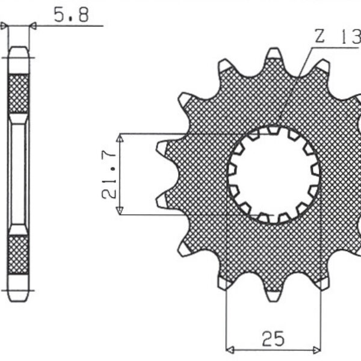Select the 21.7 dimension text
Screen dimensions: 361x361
pyautogui.click(x=110, y=174)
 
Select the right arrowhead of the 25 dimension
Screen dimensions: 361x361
pyautogui.click(x=318, y=348)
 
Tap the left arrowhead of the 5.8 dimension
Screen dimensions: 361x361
pyautogui.click(x=5, y=26)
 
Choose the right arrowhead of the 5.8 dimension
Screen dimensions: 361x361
pyautogui.click(x=32, y=26)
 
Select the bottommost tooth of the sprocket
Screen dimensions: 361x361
pyautogui.click(x=274, y=294)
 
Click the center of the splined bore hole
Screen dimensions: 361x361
pyautogui.click(x=274, y=174)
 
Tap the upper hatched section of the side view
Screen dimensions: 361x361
pyautogui.click(x=19, y=93)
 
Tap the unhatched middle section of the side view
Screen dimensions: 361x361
pyautogui.click(x=19, y=174)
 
